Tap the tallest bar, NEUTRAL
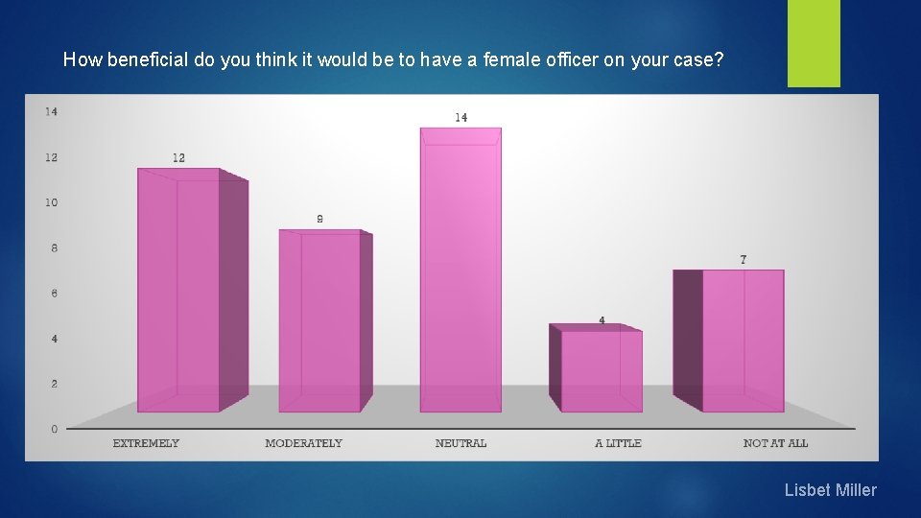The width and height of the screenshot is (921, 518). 460,270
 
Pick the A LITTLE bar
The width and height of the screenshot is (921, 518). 602,370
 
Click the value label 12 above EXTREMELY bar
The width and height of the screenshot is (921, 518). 179,157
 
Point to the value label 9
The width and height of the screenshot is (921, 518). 319,219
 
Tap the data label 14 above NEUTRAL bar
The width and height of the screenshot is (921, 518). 461,117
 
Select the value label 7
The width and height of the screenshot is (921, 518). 744,259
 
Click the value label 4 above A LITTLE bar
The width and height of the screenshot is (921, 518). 602,320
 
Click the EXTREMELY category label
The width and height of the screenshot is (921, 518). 146,443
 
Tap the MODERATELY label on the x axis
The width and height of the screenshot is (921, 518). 303,443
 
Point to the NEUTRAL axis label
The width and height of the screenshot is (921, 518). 460,443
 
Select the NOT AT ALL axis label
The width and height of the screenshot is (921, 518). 775,443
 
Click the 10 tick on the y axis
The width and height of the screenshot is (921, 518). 51,202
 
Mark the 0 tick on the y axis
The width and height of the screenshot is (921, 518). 54,429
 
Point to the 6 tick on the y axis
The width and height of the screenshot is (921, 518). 54,293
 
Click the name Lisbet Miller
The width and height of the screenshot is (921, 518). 830,490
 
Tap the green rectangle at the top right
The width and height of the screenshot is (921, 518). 814,43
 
